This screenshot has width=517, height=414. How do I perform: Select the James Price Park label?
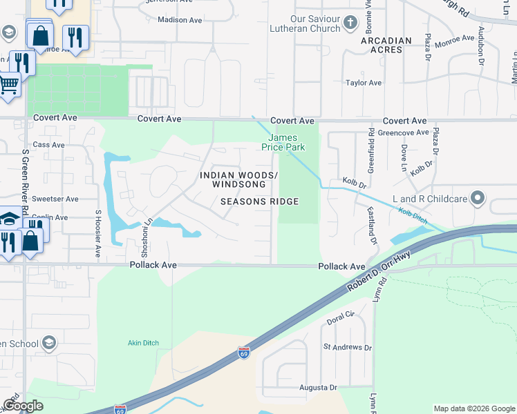283,142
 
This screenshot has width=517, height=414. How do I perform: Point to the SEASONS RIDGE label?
259,201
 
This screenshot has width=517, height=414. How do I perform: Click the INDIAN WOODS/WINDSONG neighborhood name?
238,180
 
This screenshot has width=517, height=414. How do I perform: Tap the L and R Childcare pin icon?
477,199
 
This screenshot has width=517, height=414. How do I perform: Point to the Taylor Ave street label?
364,83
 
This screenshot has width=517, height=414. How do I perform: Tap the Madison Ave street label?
180,20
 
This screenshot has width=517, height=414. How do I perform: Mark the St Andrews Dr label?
347,347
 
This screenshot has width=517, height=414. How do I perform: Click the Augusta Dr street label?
318,388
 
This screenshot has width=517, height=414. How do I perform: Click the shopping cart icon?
8,86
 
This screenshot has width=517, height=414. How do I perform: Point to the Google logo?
23,406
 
